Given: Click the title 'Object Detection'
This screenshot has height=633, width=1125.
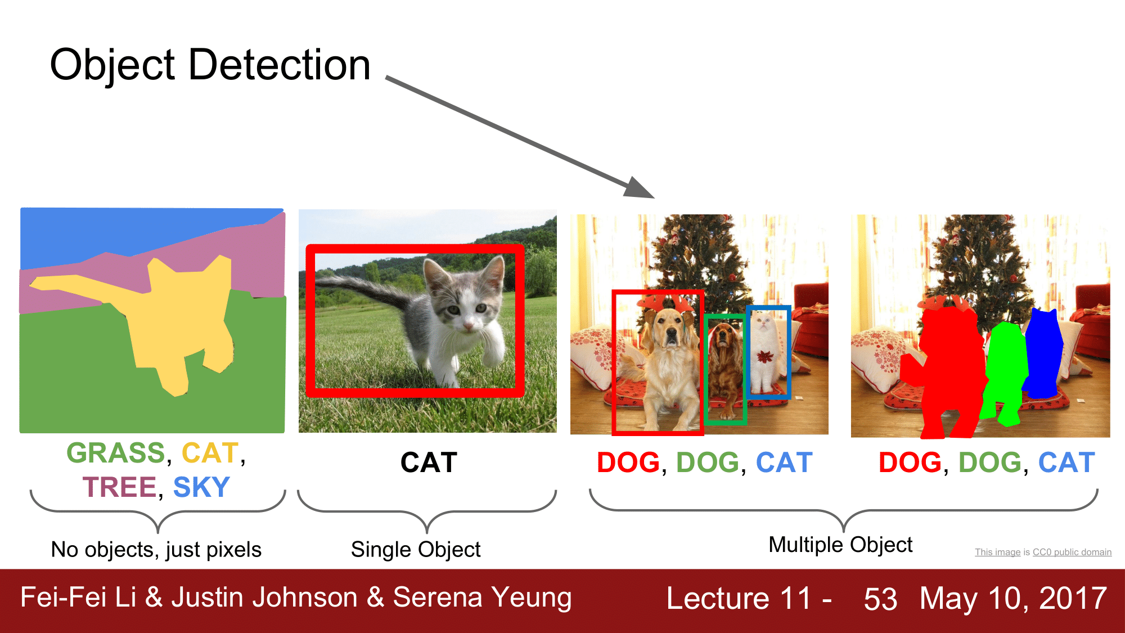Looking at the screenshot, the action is (210, 65).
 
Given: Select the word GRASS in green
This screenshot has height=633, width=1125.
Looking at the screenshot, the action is (116, 453).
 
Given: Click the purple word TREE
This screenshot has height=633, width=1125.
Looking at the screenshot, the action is (119, 487).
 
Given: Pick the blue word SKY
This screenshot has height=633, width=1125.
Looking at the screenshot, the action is (201, 487).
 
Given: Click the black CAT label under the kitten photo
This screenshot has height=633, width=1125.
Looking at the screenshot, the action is (429, 463).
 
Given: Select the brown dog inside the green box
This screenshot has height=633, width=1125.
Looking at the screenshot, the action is (724, 366).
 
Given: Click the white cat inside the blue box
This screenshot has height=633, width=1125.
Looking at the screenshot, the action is (766, 354).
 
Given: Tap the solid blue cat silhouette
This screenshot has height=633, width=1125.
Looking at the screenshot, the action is (1043, 354).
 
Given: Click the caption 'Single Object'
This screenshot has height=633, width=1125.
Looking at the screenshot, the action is (416, 550).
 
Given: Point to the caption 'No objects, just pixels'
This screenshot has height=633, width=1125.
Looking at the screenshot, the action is (156, 550).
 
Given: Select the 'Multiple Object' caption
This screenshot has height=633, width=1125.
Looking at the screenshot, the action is (840, 545).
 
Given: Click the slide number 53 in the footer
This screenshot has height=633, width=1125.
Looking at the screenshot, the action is (880, 599).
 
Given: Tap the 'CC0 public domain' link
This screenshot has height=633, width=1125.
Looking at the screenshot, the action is (1072, 552).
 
